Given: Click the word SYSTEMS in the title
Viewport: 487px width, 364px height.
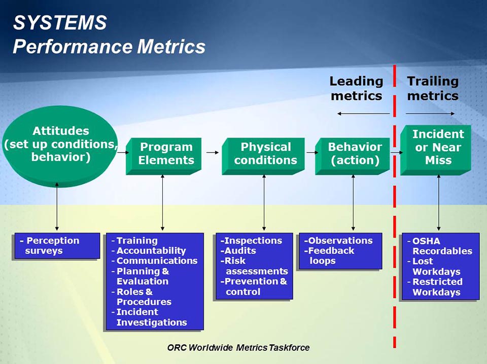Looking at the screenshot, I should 60,23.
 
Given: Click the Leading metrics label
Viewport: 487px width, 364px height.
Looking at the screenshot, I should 356,88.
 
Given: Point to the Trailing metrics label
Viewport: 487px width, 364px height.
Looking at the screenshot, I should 432,88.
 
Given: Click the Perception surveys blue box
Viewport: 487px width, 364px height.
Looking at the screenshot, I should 56,246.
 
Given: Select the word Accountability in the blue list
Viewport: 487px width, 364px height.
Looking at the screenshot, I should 151,250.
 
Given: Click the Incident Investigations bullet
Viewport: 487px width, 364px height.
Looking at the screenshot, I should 151,317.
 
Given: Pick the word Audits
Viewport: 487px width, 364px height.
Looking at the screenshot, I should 240,250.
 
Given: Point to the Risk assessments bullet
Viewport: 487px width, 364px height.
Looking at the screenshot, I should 254,266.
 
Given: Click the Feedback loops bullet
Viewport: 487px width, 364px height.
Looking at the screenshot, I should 330,256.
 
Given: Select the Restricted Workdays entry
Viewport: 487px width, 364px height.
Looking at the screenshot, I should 437,287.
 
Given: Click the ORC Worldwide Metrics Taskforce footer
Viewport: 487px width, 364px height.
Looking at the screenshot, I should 238,348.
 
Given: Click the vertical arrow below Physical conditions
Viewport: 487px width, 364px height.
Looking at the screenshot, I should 264,203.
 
